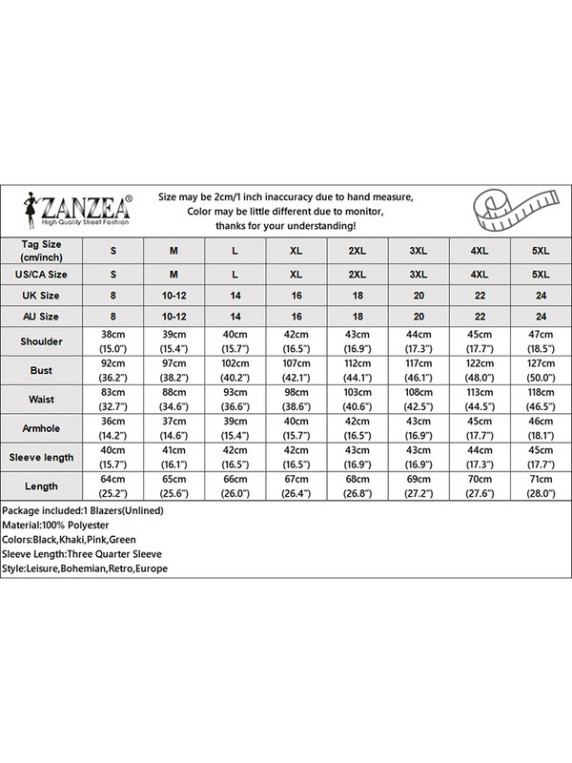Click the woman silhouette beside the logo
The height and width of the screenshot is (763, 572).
[x=36, y=207]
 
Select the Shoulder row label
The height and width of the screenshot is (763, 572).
[x=42, y=340]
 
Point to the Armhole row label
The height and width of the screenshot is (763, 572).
[x=42, y=427]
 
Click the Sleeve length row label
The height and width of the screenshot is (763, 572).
[x=42, y=457]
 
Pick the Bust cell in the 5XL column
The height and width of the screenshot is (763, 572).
[x=541, y=370]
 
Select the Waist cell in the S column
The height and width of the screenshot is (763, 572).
[x=112, y=399]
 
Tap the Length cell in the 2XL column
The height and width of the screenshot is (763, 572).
[x=357, y=485]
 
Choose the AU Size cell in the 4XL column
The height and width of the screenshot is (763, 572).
[x=480, y=316]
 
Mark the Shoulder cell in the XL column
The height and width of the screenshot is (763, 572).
[x=296, y=340]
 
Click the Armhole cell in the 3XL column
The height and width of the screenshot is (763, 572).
[x=419, y=427]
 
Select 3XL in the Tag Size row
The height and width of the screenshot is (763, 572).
[x=419, y=250]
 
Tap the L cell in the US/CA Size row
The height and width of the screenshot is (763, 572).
[x=235, y=274]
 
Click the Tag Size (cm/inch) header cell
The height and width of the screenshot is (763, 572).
[x=42, y=250]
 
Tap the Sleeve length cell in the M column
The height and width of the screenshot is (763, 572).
[x=174, y=457]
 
